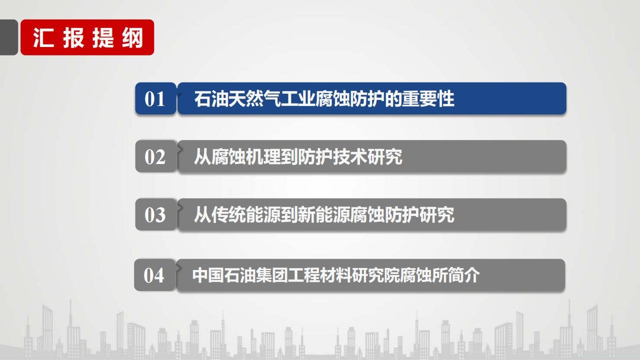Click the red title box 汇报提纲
[87, 37]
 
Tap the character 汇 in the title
[43, 37]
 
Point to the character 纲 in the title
[132, 37]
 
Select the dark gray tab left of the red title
[8, 37]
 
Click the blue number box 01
[155, 98]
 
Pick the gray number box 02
[155, 156]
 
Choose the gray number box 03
[155, 214]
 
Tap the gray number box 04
[154, 275]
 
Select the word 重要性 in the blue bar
[428, 99]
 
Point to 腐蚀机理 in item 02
[246, 156]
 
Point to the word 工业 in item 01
[298, 99]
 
